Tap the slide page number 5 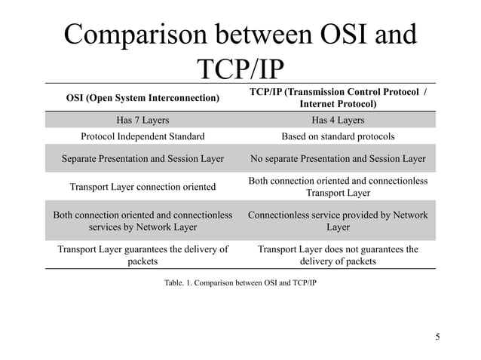(437, 336)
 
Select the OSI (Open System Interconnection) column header (143, 98)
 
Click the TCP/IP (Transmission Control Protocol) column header (338, 98)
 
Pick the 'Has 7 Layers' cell (142, 120)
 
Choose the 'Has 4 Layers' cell (338, 120)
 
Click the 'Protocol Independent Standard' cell (142, 136)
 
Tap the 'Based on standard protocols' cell (338, 136)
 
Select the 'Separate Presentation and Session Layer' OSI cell (142, 159)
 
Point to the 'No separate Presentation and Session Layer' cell (338, 159)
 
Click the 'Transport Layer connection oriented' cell (142, 186)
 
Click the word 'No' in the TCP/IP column (256, 159)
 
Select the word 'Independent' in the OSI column (152, 136)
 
